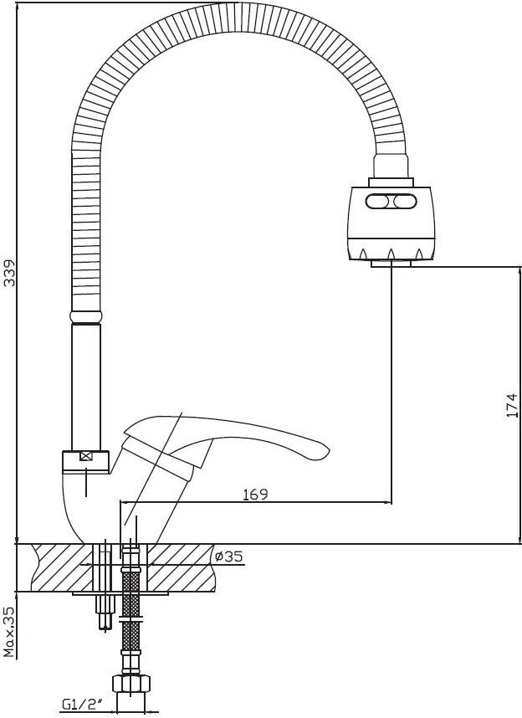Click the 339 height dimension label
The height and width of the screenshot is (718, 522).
coord(9,273)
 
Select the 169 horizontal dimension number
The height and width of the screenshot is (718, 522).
coord(255,494)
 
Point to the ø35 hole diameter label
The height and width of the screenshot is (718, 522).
coord(228,556)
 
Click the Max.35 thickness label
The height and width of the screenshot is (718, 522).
coord(9,632)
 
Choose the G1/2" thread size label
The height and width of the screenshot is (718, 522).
coord(82,703)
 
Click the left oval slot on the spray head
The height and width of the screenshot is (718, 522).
coord(377,201)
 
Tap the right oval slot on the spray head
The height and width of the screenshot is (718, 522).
coord(405,201)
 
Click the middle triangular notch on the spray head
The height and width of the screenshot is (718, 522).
coord(391,254)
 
